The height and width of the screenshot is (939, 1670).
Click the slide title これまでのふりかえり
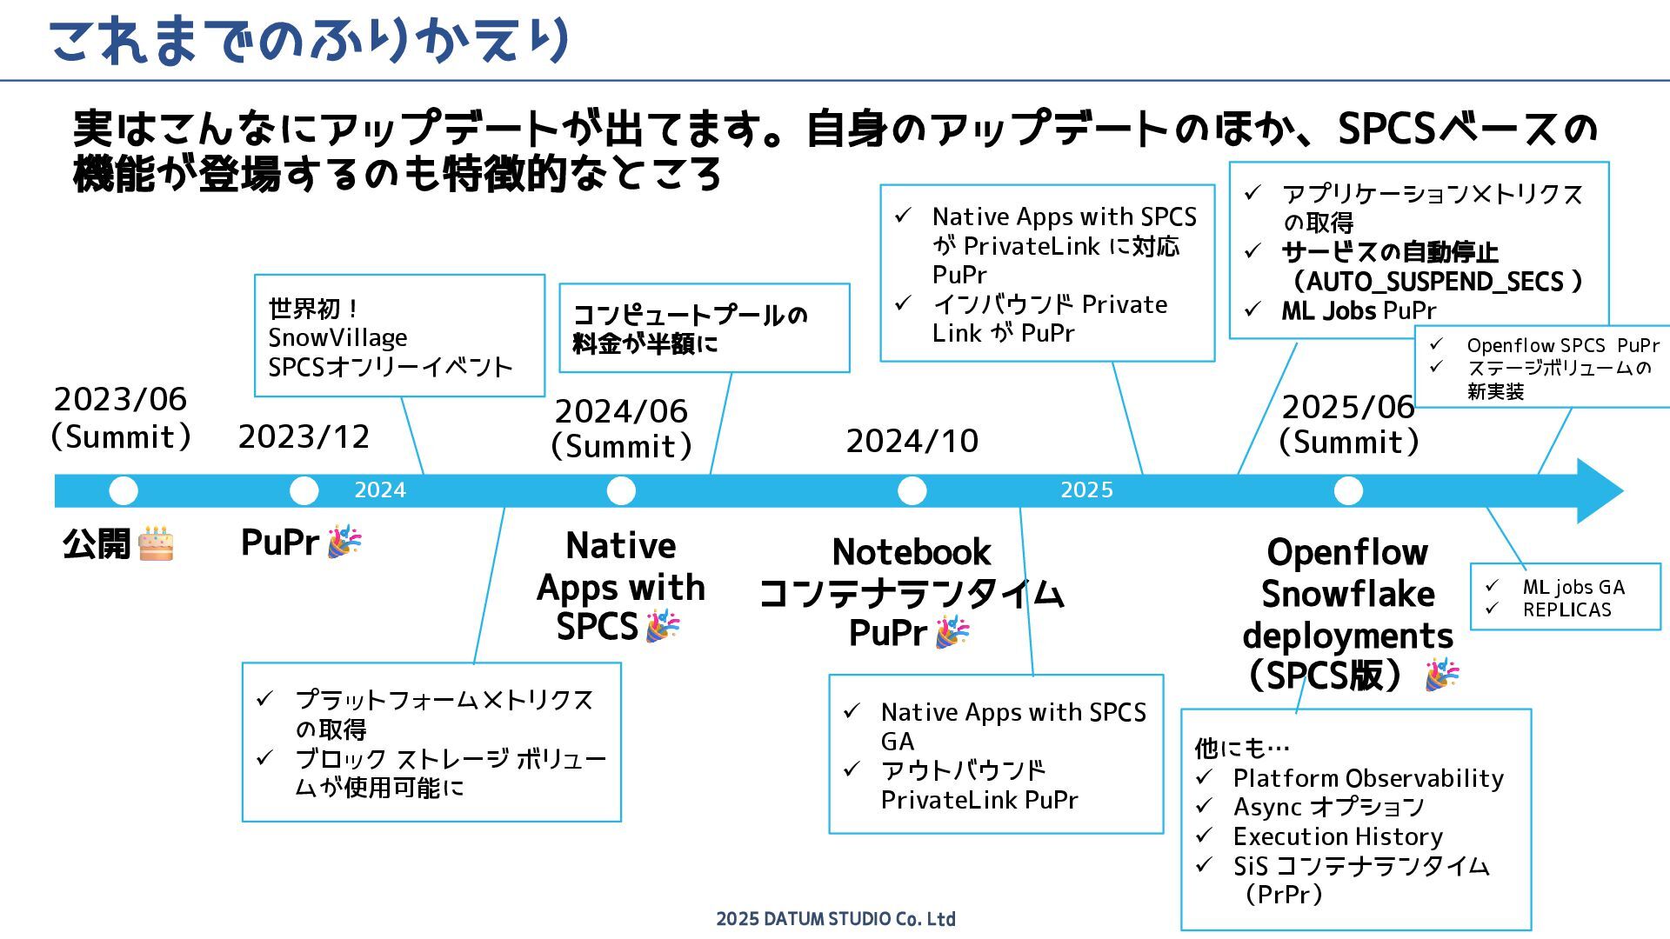pos(309,41)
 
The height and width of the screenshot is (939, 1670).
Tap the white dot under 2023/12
pos(304,490)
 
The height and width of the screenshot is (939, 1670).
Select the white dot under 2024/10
pos(912,490)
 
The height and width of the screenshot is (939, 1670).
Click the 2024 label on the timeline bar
pos(380,490)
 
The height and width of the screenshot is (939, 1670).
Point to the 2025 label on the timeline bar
pos(1086,490)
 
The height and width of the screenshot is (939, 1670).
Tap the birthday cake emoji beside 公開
pos(157,543)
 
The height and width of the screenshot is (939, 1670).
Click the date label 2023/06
pos(120,399)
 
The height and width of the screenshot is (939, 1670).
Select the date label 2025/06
pos(1347,407)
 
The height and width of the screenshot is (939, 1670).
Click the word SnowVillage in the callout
pos(337,337)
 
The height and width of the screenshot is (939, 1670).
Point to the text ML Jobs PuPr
pos(1358,310)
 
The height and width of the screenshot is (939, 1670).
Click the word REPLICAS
pos(1566,610)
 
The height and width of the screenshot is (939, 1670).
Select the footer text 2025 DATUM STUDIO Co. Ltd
pos(835,919)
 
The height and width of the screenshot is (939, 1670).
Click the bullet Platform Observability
pos(1368,778)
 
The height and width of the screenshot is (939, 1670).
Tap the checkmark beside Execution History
pos(1204,836)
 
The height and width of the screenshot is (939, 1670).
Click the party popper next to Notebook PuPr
pos(952,632)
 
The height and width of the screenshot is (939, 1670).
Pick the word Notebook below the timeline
pos(911,552)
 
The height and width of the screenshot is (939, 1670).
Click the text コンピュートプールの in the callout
pos(690,315)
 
